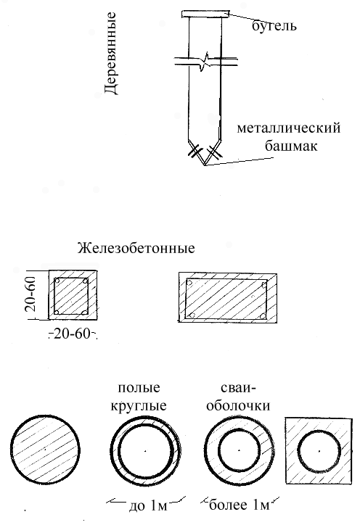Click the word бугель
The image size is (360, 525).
point(274,26)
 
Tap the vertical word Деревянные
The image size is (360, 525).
point(110,54)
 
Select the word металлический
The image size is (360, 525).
point(289,128)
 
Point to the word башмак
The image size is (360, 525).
point(291,146)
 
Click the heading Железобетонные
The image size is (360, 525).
point(136,249)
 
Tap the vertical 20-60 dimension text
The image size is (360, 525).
point(30,294)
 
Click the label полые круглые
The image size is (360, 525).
point(139,397)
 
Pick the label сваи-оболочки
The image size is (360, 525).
point(238,397)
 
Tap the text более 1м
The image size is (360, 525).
point(239,505)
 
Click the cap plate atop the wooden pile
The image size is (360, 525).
point(205,14)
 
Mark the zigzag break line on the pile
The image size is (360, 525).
point(206,61)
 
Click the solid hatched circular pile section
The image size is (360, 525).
point(46,450)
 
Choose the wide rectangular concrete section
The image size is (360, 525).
point(228,297)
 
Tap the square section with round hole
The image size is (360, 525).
point(319,450)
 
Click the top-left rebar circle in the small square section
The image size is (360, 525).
point(57,281)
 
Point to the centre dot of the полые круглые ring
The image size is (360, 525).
point(145,450)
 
